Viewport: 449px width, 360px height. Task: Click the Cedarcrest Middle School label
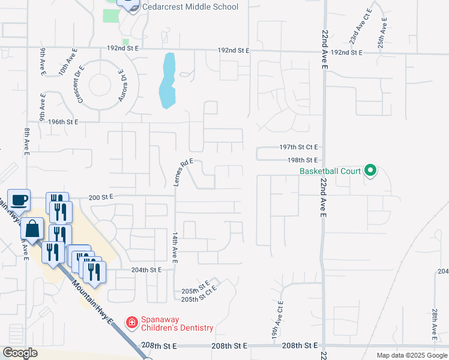pyautogui.click(x=191, y=7)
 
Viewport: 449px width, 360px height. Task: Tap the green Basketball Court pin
pyautogui.click(x=370, y=171)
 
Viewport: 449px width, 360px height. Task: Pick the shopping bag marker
pyautogui.click(x=32, y=229)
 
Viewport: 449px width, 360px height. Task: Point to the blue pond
pyautogui.click(x=167, y=81)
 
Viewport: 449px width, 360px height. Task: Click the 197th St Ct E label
pyautogui.click(x=298, y=147)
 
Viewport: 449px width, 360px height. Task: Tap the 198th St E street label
pyautogui.click(x=302, y=160)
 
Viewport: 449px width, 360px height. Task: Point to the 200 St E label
pyautogui.click(x=101, y=197)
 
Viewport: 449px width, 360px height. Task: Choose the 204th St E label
pyautogui.click(x=147, y=270)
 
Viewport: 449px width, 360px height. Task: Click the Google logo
pyautogui.click(x=20, y=353)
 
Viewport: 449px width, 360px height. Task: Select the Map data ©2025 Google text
pyautogui.click(x=411, y=355)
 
